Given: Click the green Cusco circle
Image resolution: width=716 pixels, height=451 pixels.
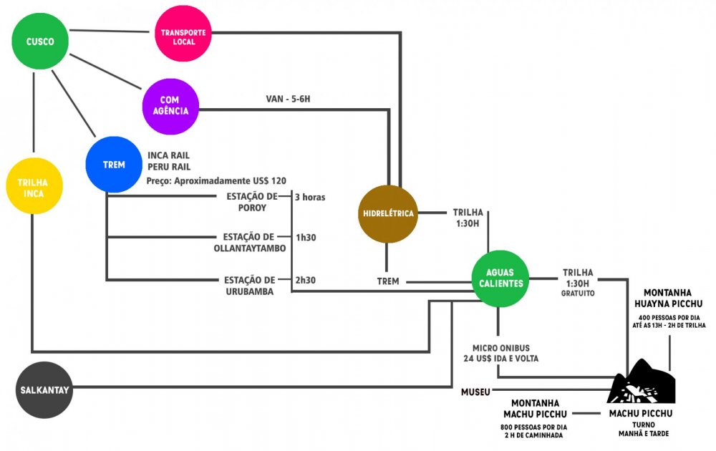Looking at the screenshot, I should tap(41, 42).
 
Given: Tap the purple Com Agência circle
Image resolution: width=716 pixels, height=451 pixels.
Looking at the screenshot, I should tap(170, 106).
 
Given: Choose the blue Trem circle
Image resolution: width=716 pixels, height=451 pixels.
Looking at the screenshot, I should tap(114, 165).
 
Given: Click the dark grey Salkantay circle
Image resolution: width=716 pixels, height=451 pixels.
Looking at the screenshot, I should tap(44, 389).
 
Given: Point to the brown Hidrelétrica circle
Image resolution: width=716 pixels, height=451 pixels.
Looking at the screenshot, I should tap(387, 213).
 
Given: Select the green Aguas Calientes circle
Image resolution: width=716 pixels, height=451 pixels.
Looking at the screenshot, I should tap(500, 278).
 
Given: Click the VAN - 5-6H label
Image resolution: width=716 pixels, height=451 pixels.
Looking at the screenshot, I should tap(288, 99).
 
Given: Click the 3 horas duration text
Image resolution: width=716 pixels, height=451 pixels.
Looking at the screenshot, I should tap(310, 196).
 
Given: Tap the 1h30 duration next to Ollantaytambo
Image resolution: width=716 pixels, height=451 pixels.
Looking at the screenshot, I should tap(306, 237).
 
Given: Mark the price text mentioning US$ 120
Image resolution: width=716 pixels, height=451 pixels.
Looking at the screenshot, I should tap(221, 180).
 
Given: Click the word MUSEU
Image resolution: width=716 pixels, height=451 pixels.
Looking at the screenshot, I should tap(476, 392).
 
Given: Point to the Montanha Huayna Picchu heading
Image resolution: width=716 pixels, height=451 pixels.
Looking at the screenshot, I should tap(672, 298).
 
